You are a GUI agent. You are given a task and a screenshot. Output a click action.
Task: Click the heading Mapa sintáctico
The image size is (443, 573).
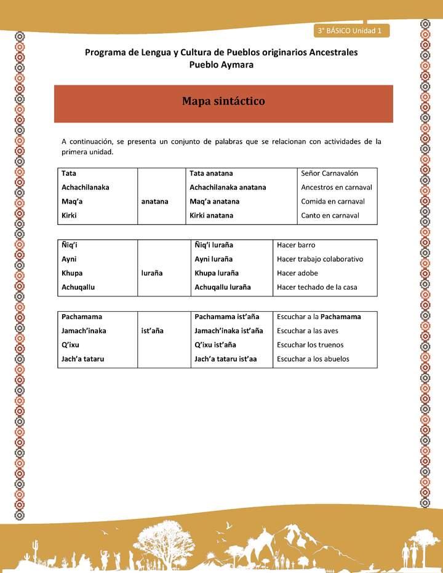click(x=223, y=101)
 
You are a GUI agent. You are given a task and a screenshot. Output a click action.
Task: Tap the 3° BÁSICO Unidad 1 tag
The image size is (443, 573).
click(x=350, y=30)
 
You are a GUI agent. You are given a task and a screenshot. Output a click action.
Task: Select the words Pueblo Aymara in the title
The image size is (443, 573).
click(x=221, y=65)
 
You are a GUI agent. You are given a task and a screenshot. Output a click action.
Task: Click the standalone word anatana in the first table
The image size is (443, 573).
click(x=154, y=201)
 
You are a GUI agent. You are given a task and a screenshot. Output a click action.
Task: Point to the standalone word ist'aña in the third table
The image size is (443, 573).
click(x=152, y=331)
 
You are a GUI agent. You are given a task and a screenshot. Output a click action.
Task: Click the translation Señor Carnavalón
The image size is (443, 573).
click(x=330, y=173)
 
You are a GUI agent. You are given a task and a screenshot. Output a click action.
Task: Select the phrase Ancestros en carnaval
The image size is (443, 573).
click(x=337, y=188)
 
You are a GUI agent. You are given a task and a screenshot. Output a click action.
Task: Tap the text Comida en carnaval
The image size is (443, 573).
click(x=333, y=202)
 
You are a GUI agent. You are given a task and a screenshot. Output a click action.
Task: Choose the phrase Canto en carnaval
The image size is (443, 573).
click(x=330, y=216)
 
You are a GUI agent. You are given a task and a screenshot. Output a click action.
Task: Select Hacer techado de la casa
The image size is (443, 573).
click(x=317, y=287)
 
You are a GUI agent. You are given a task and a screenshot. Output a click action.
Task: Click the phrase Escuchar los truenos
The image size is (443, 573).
click(x=310, y=345)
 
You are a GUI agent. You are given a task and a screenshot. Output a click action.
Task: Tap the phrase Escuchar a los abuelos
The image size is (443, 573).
click(x=313, y=359)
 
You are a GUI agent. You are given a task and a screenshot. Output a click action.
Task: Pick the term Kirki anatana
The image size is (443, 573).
click(x=211, y=216)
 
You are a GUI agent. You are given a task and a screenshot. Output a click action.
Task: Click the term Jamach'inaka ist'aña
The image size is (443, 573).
click(x=228, y=331)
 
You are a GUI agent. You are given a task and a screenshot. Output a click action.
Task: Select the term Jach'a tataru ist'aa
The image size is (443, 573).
click(x=225, y=359)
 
